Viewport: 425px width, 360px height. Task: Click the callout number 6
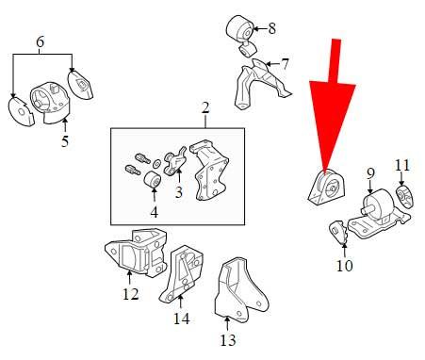(41, 41)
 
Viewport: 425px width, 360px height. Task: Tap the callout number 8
(272, 28)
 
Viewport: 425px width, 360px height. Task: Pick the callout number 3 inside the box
(178, 192)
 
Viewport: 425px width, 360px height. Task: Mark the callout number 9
(370, 172)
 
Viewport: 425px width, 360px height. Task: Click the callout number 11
(402, 167)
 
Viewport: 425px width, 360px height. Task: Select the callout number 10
(345, 267)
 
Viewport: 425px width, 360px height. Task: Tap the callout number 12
(130, 293)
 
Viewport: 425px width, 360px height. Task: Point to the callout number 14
(182, 319)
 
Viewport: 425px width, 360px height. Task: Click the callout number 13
(227, 339)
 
